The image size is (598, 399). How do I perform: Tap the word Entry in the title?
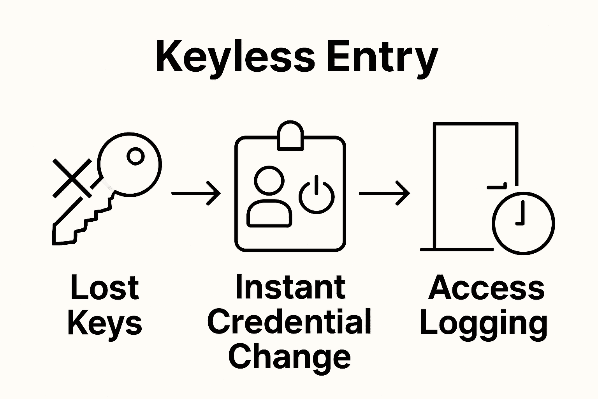[382, 58]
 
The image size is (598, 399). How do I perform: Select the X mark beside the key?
[72, 178]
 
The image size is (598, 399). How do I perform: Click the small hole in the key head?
[136, 157]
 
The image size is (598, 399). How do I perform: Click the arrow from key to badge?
[196, 193]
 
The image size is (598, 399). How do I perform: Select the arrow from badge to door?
[384, 193]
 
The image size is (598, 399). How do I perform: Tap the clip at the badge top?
[290, 136]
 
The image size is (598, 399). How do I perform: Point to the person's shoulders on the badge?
[269, 214]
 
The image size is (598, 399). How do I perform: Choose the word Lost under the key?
[105, 288]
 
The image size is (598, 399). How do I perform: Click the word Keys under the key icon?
[105, 323]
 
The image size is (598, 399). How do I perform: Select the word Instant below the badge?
[290, 287]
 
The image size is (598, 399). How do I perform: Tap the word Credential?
[289, 322]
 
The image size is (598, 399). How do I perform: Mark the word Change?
[289, 357]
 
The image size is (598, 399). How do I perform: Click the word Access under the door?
[486, 288]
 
